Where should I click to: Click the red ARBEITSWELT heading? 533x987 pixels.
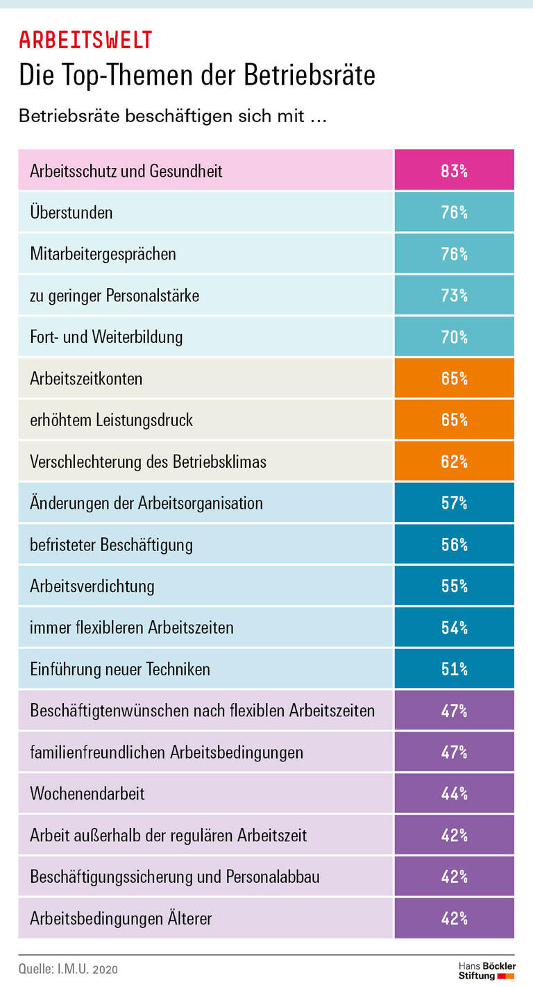85,40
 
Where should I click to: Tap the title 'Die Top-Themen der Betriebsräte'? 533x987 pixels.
197,75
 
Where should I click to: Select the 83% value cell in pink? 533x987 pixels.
454,170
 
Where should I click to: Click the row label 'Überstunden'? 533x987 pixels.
71,212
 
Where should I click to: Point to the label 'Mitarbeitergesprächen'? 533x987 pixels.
103,254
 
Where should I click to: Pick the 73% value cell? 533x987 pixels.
454,295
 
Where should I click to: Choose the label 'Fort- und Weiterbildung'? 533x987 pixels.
106,337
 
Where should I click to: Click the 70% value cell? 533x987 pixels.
454,337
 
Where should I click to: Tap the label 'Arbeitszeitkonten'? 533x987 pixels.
86,378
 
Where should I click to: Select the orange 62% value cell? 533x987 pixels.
454,461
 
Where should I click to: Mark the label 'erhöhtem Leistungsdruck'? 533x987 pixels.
111,420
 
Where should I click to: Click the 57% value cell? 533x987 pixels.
454,503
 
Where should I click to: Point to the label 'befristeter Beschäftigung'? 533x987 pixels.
111,545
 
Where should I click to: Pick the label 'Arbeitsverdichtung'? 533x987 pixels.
92,586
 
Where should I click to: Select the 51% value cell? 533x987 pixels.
454,668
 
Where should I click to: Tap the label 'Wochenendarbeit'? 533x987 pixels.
87,793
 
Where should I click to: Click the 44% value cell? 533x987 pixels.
454,793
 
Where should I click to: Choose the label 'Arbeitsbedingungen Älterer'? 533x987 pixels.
121,918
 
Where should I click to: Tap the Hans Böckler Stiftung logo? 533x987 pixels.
487,970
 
